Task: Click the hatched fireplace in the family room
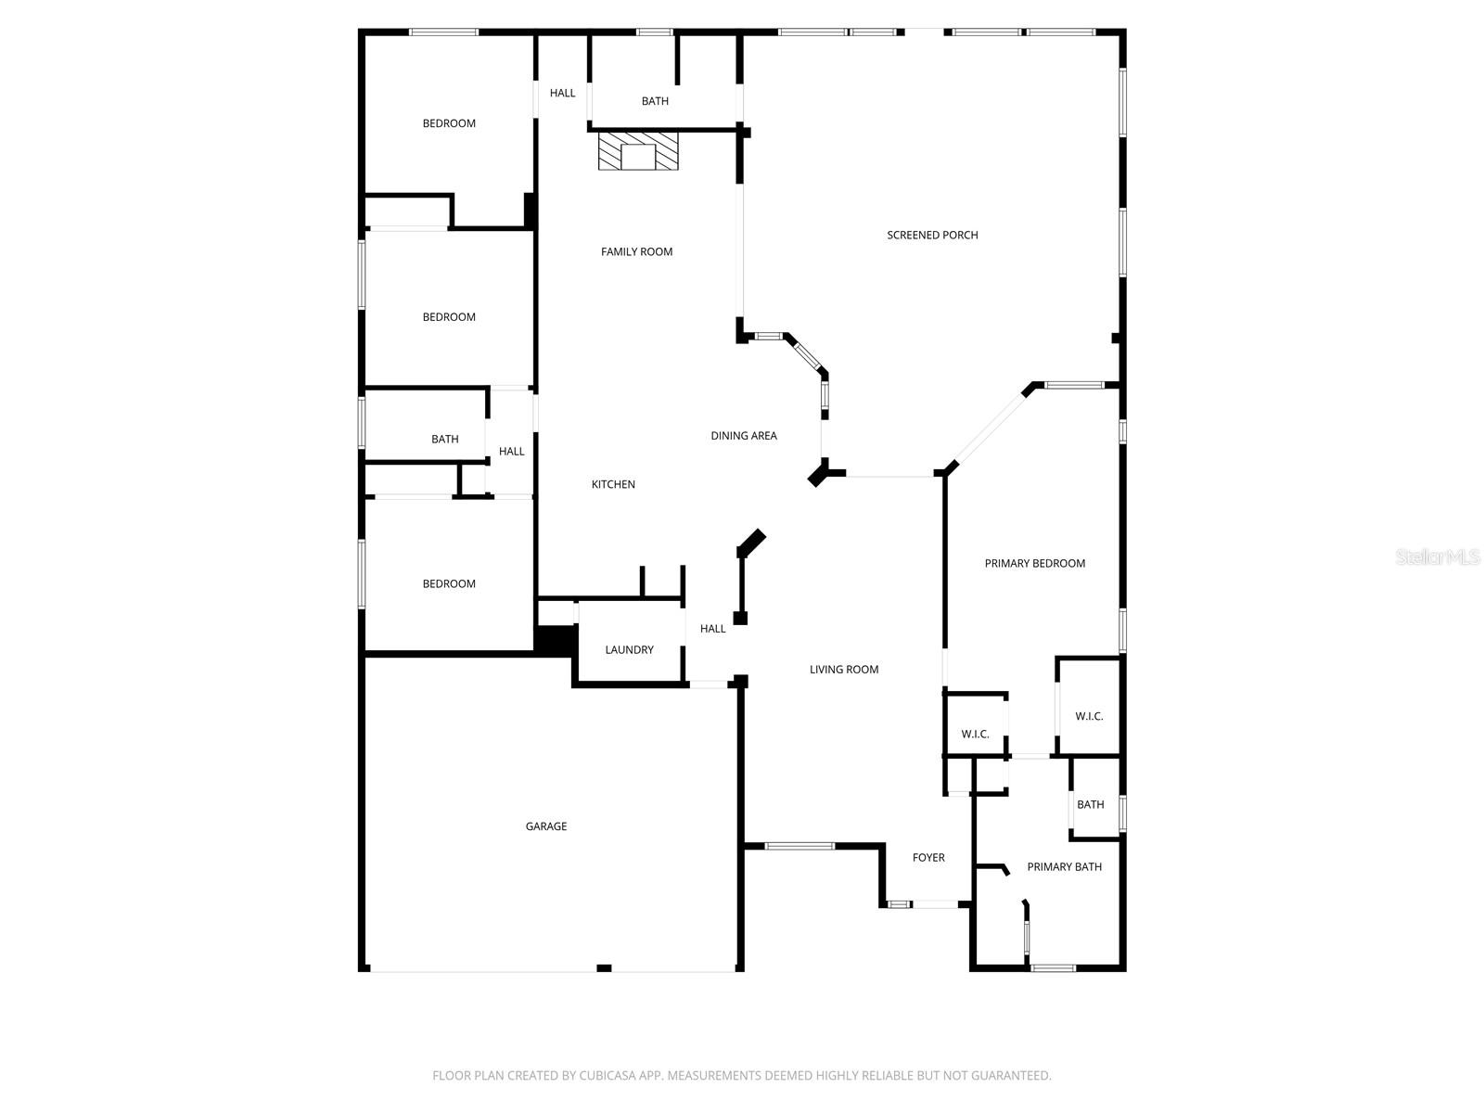(637, 151)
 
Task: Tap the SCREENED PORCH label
(932, 236)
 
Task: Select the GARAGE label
(546, 826)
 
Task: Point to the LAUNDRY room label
(629, 650)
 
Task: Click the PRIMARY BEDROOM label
(1034, 564)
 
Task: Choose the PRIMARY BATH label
(1064, 867)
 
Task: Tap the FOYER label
(928, 858)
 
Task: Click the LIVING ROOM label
(843, 670)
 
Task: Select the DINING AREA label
(744, 436)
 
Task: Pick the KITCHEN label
(613, 484)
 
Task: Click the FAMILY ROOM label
(636, 252)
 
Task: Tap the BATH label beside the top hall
(655, 101)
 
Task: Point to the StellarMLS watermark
(1437, 557)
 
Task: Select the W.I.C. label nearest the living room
(975, 735)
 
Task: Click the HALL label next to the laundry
(712, 629)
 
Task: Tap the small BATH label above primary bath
(1090, 805)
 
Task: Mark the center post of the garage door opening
(604, 968)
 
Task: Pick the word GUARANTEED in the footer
(1010, 1076)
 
